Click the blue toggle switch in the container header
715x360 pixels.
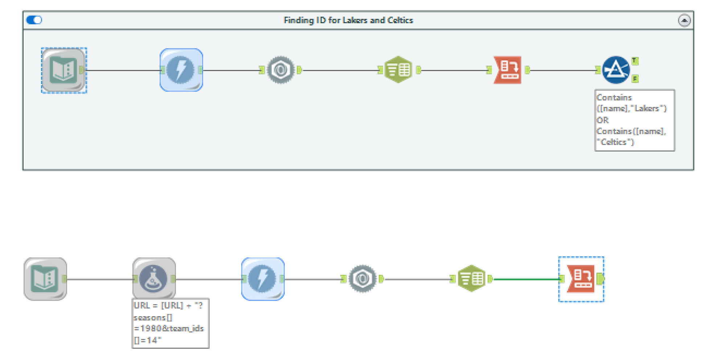(34, 20)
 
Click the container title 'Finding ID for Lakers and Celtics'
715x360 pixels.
(348, 20)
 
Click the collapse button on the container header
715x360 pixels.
(684, 20)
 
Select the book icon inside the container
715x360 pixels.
(63, 70)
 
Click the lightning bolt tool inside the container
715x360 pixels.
(181, 70)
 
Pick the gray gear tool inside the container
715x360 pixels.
(280, 70)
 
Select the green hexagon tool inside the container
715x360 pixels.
(398, 70)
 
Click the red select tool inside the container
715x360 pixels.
(508, 70)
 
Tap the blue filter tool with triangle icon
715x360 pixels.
(616, 70)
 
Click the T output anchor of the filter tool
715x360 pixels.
(635, 61)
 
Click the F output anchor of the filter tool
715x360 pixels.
(635, 79)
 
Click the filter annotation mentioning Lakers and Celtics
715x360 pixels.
(634, 120)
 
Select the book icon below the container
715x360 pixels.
(45, 279)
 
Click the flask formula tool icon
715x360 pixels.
(154, 279)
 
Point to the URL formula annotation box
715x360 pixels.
(170, 323)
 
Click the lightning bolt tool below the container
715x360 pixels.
(263, 279)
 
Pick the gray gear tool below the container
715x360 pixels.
(362, 278)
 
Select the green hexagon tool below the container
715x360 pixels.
(471, 278)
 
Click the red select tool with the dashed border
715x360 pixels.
(581, 279)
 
